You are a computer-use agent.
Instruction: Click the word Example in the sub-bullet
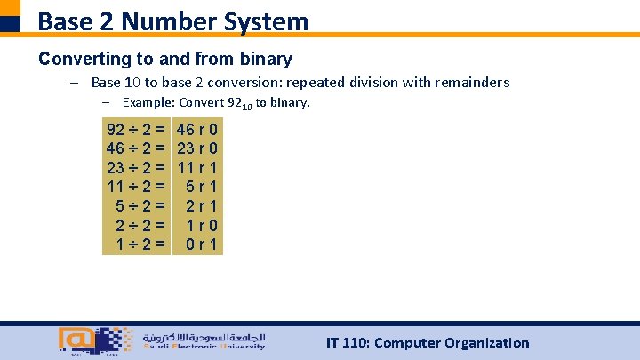tap(148, 103)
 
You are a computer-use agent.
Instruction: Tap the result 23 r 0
tap(198, 148)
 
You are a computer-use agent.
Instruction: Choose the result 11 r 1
tap(198, 167)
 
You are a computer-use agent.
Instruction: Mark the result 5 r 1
tap(204, 187)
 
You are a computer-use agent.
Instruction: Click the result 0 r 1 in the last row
tap(204, 244)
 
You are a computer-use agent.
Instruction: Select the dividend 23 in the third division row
tap(116, 167)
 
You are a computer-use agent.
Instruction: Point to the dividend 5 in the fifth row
tap(122, 205)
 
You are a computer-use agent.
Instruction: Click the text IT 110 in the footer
tap(348, 343)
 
